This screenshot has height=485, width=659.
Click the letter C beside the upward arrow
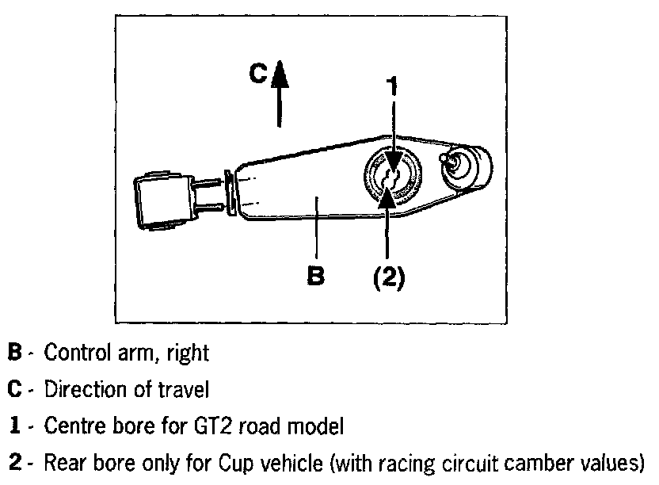[257, 74]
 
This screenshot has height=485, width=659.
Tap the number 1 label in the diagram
[390, 86]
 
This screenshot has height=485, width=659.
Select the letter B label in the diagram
[315, 276]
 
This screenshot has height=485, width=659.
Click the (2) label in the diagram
[388, 277]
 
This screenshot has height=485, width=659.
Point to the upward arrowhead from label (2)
[387, 193]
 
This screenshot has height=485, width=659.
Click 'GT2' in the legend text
[208, 427]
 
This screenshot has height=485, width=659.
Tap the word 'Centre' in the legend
[71, 427]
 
